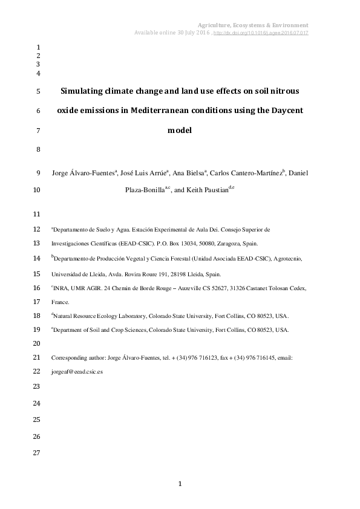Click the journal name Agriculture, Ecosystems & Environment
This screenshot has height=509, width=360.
click(x=254, y=25)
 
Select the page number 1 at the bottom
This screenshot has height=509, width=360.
click(x=180, y=484)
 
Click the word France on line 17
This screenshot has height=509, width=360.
click(x=60, y=301)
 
